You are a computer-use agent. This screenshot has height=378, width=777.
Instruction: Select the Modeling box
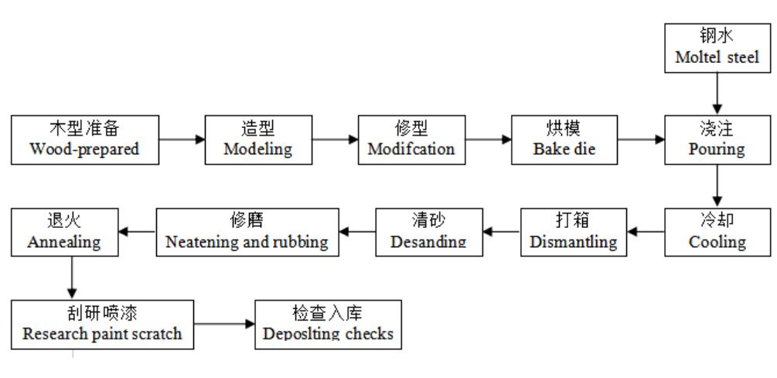257,140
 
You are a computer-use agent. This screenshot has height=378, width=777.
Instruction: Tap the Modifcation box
411,140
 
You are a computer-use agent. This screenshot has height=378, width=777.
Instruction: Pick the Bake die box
564,140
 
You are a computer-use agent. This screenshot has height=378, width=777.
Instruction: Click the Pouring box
717,140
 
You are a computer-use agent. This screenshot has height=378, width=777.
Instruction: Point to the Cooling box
717,232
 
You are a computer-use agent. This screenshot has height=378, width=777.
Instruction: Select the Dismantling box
573,232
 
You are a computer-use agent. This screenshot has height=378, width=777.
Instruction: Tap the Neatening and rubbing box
247,232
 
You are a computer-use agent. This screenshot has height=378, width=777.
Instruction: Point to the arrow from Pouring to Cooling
717,187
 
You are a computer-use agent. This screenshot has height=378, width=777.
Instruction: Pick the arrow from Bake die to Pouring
641,140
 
